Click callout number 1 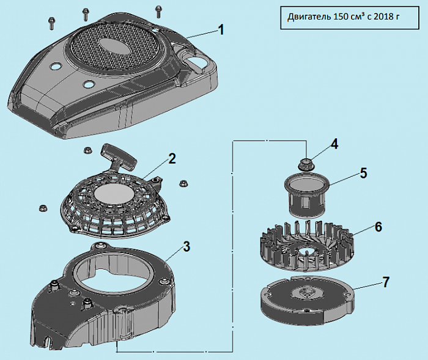[x=221, y=29]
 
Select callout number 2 [x=172, y=159]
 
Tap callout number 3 [x=187, y=246]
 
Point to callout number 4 [x=334, y=144]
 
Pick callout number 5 [x=363, y=173]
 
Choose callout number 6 [x=378, y=226]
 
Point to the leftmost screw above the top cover [x=50, y=22]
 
